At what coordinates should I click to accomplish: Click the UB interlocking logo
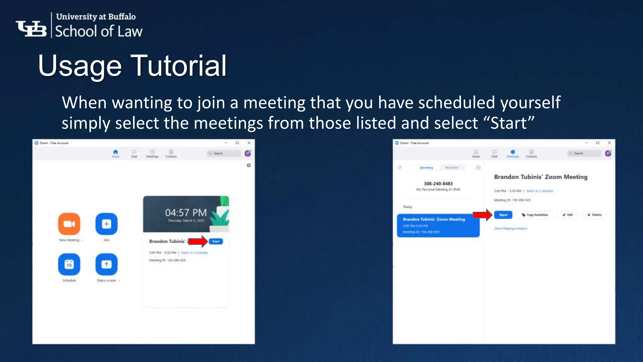point(31,29)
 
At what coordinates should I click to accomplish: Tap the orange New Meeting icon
point(69,224)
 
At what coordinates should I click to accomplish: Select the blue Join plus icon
point(106,224)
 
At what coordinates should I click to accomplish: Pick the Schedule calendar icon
point(69,264)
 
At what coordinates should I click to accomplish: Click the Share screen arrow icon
point(106,264)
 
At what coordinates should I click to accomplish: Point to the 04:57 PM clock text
point(186,213)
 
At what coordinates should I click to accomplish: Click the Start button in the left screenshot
point(216,241)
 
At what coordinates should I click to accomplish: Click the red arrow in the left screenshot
point(198,241)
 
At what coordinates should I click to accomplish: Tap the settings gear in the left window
point(249,165)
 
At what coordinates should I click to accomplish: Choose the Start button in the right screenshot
point(503,215)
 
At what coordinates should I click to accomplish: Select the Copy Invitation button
point(535,215)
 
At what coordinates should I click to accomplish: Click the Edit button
point(568,215)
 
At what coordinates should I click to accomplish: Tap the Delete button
point(595,215)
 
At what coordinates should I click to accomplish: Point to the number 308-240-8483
point(438,184)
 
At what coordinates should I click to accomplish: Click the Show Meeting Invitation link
point(511,228)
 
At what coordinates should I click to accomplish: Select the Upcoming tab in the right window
point(426,167)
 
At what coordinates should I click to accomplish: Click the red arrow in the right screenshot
point(482,215)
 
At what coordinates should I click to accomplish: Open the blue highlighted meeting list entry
point(438,225)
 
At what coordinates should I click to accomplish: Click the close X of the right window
point(609,143)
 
